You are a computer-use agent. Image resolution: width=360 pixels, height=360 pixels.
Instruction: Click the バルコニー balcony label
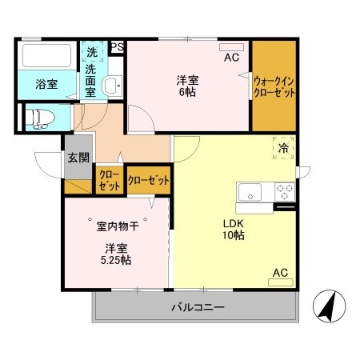coord(196,307)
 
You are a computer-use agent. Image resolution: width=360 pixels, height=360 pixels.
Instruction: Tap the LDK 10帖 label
coord(233,229)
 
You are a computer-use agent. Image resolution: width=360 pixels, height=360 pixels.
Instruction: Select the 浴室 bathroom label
coord(46,84)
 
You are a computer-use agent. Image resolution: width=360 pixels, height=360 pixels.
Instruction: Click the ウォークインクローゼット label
coord(274,86)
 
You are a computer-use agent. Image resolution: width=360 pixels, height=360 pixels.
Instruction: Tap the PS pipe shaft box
coord(117,47)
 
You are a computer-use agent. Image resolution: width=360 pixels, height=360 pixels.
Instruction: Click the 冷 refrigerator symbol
coord(283,147)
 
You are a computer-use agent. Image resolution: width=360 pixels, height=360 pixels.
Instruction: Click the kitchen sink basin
coord(249,192)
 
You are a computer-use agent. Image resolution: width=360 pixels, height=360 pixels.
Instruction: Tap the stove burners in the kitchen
coord(285,192)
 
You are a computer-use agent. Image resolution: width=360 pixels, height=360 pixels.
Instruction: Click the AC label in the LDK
coord(280,273)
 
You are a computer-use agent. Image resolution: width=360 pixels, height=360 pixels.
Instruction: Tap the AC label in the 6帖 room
coord(231,58)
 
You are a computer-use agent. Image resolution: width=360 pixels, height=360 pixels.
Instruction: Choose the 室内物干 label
coord(118,226)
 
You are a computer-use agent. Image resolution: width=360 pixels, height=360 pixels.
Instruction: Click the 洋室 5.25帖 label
coord(117,254)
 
